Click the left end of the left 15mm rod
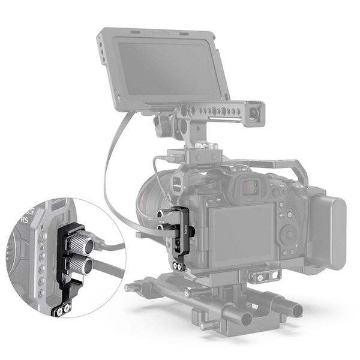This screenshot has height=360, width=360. click(129, 287)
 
